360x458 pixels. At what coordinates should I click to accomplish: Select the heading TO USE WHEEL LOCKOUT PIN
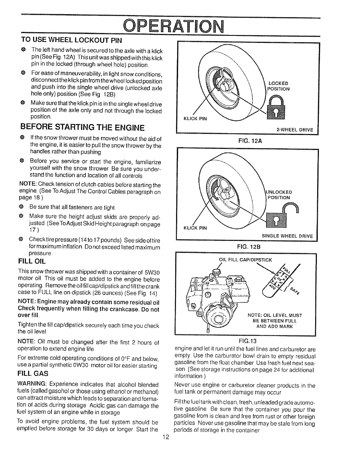(71, 40)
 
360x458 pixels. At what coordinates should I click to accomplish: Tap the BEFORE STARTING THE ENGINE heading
(82, 127)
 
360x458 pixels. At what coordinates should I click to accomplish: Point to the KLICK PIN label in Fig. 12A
(195, 119)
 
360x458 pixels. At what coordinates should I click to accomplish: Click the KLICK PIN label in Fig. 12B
(195, 228)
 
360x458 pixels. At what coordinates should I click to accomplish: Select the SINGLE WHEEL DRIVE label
(287, 236)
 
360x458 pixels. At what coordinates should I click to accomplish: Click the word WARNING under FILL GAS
(32, 385)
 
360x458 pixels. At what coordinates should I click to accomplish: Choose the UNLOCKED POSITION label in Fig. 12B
(279, 195)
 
